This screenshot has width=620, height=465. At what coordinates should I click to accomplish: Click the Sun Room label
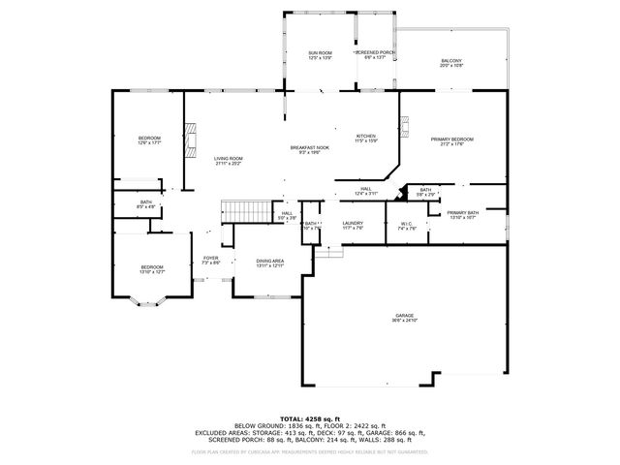click(x=320, y=55)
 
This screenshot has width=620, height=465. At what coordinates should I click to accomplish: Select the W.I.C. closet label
click(x=406, y=226)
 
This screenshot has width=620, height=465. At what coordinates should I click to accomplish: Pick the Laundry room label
click(x=353, y=226)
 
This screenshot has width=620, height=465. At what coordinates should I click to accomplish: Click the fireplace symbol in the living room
click(x=192, y=143)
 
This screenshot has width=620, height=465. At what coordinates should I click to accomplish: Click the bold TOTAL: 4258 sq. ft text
click(x=310, y=418)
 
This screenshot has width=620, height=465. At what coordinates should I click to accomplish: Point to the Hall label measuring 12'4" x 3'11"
click(x=365, y=192)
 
